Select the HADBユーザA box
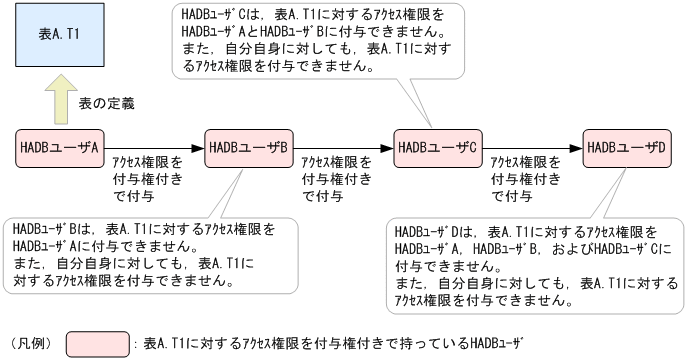57,147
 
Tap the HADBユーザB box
247,147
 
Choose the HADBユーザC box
436,147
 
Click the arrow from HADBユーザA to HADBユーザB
151,147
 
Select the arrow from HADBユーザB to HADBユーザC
341,147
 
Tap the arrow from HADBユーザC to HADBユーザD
531,147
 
